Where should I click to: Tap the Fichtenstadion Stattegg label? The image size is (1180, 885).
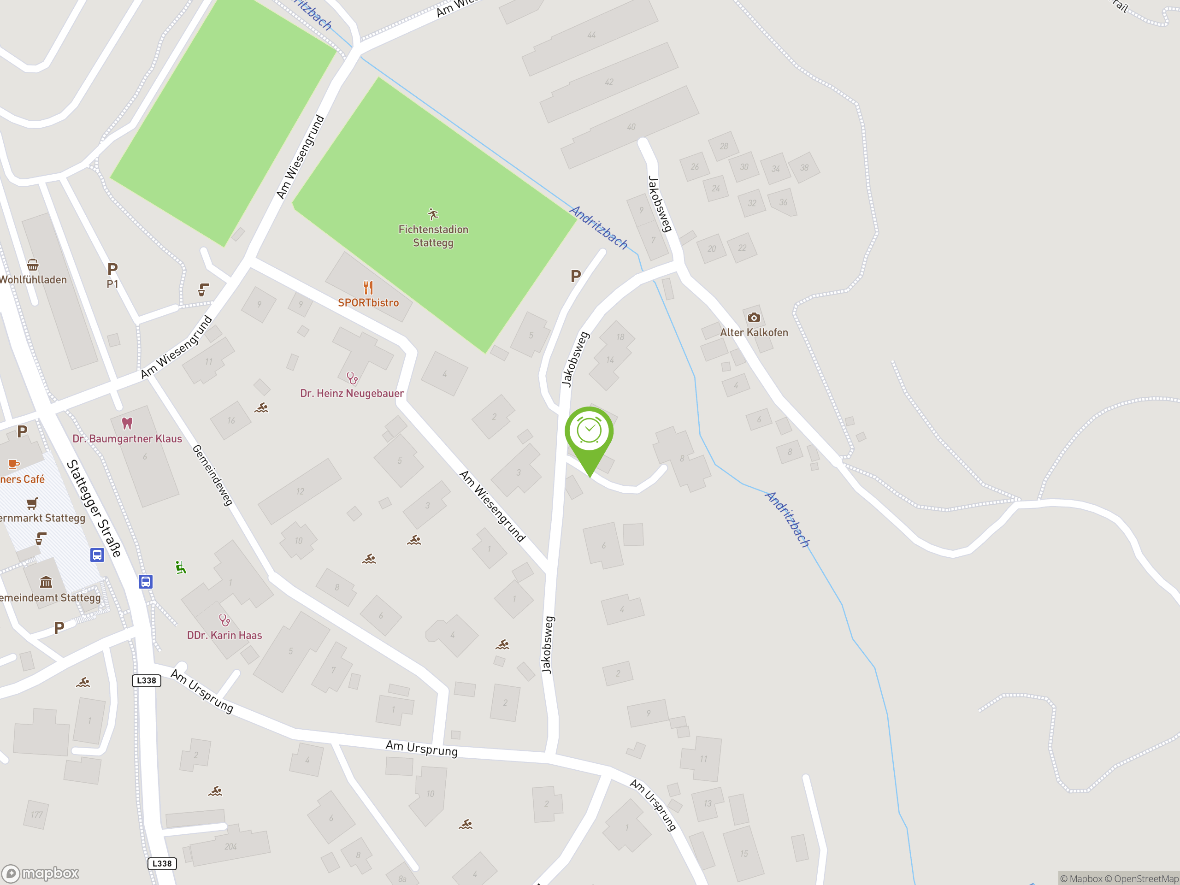[x=433, y=236]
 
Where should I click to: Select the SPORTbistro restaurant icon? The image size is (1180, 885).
[x=368, y=288]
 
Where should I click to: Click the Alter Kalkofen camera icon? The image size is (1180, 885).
[x=753, y=318]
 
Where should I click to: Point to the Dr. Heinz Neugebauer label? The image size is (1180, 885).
[x=352, y=393]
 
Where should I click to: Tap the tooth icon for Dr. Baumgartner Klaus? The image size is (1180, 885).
[x=127, y=423]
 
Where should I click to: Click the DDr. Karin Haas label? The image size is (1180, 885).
[x=224, y=635]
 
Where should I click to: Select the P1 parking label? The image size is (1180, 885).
[x=112, y=284]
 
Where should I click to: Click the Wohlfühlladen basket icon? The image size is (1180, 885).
[x=33, y=265]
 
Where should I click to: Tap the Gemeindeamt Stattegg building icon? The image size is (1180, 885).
[x=47, y=582]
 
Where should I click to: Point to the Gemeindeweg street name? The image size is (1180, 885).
[x=212, y=475]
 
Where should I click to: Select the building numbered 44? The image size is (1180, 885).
[x=591, y=35]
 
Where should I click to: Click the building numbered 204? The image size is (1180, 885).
[x=230, y=847]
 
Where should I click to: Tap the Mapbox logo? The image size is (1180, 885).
[x=41, y=873]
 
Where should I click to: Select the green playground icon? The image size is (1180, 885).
[x=181, y=567]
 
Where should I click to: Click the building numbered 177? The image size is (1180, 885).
[x=36, y=814]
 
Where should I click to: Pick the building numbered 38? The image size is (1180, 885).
[x=804, y=167]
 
